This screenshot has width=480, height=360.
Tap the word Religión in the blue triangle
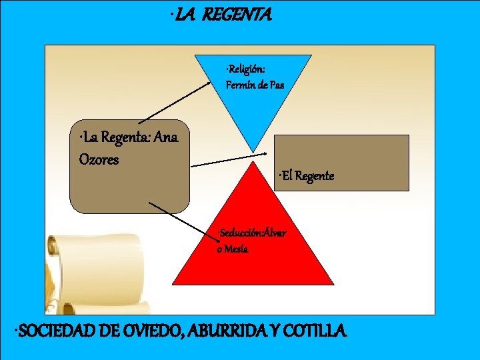(x=246, y=69)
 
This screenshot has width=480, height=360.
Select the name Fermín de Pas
(x=255, y=85)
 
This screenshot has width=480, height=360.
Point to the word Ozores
(x=98, y=160)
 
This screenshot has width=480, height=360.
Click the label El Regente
(x=307, y=176)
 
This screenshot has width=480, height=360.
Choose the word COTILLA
(x=317, y=330)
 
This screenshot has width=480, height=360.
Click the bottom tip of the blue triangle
(x=253, y=150)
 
